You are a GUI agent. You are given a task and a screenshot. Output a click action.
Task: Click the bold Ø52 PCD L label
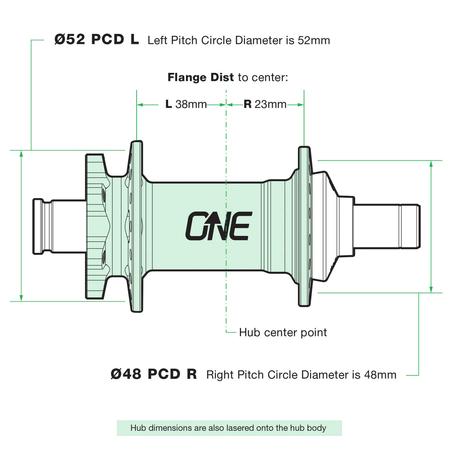click(x=97, y=39)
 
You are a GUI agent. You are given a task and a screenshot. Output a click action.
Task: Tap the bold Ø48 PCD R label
click(x=154, y=374)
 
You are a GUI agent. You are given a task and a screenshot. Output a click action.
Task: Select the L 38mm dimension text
click(x=186, y=104)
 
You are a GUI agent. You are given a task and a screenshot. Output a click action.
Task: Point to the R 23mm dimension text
click(x=265, y=104)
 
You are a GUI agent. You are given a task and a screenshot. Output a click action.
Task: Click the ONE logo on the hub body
click(x=219, y=226)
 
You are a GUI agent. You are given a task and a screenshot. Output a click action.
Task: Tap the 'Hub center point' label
click(x=283, y=332)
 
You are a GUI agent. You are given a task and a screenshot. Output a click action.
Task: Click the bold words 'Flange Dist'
click(x=200, y=77)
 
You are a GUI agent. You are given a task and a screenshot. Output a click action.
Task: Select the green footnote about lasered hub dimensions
click(x=229, y=428)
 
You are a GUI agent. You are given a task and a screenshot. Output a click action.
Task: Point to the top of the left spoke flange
click(x=136, y=142)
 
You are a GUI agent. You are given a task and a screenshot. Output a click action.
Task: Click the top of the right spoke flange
click(x=304, y=147)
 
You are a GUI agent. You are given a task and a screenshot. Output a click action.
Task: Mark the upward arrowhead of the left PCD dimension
click(x=21, y=153)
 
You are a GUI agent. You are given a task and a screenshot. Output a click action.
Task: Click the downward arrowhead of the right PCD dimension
click(x=431, y=290)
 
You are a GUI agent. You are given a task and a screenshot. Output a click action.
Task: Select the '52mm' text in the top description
click(x=314, y=40)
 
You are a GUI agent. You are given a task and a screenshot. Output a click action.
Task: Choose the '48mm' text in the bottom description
click(x=380, y=375)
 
